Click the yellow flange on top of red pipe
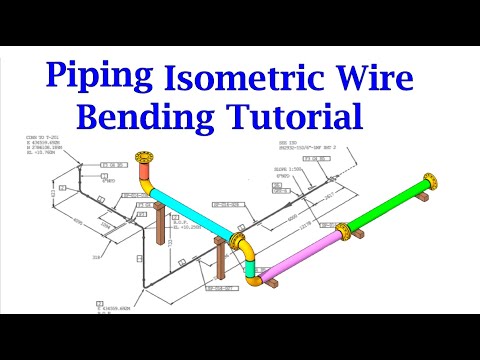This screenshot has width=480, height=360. pyautogui.click(x=147, y=160)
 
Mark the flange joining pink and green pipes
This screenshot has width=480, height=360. pyautogui.click(x=344, y=232)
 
